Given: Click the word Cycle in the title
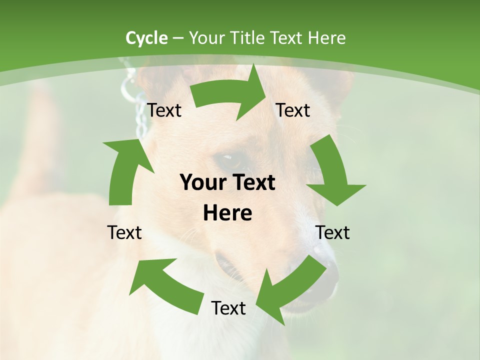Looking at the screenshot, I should coord(146,38).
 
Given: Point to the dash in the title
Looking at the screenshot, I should coord(178,38).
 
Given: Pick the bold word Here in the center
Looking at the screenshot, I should coord(227,213).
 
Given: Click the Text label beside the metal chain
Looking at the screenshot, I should coord(164,110).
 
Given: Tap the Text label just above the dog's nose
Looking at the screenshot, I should coord(332,232).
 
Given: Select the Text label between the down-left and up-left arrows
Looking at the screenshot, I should coord(228,308).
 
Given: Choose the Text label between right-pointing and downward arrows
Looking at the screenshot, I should coord(293,110).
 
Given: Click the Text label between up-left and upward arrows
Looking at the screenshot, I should coord(124,232).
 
